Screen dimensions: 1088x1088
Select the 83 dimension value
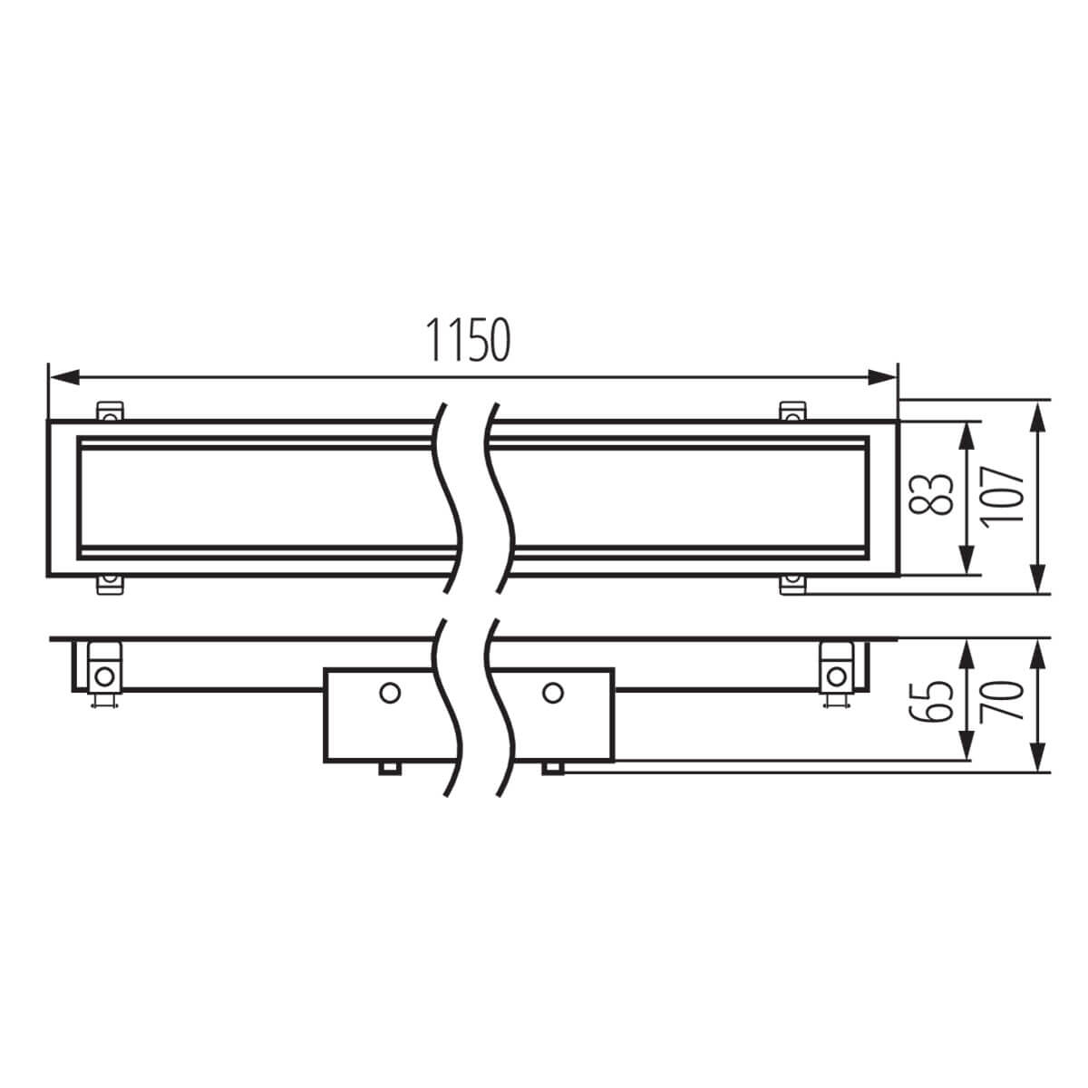coord(931,494)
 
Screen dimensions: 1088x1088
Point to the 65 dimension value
coord(931,701)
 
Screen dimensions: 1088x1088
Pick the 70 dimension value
coord(1002,701)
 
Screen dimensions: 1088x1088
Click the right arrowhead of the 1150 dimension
coord(881,377)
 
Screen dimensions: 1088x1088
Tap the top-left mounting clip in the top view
coord(110,411)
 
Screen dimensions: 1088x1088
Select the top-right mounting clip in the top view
coord(792,411)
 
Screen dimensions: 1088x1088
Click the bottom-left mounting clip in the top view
coord(110,585)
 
